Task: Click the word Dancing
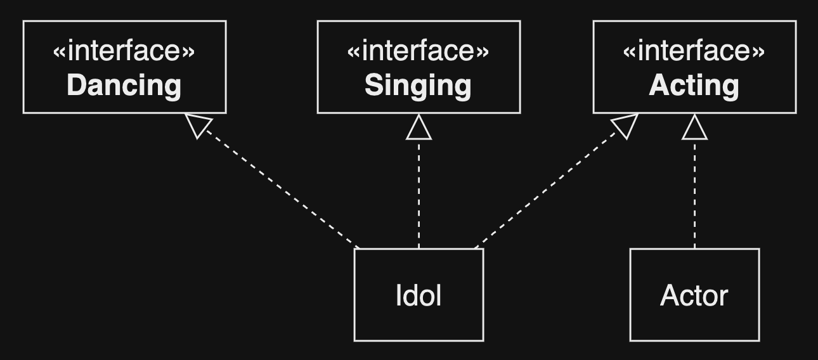click(124, 86)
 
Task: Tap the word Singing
click(418, 86)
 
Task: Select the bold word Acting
click(694, 86)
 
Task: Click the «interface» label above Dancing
click(124, 51)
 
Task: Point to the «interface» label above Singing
click(418, 51)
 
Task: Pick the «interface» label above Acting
click(694, 51)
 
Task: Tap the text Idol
click(419, 295)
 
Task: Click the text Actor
click(694, 295)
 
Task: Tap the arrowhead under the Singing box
click(419, 129)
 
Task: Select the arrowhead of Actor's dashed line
click(694, 129)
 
